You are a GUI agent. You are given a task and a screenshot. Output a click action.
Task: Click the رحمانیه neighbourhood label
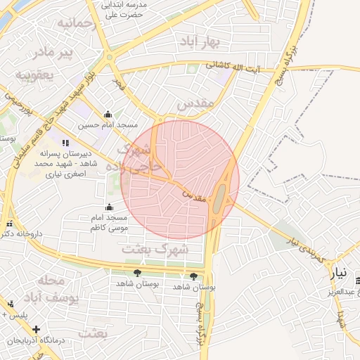[x=75, y=24]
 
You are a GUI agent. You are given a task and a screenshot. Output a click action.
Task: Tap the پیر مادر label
[x=55, y=53]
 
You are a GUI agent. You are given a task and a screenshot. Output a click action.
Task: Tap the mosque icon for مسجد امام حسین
[x=108, y=115]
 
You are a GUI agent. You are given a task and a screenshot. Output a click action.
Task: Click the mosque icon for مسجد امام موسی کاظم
[x=109, y=207]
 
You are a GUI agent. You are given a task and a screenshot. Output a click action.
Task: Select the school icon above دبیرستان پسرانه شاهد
[x=65, y=143]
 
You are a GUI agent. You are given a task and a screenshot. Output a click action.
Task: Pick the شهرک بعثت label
[x=165, y=249]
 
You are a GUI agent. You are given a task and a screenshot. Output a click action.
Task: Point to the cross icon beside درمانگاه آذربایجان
[x=36, y=329]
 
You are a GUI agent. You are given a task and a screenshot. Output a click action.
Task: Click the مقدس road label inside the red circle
[x=198, y=195]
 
